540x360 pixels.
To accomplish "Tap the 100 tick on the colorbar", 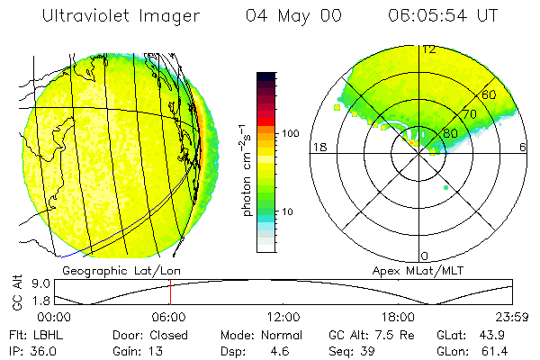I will tap(292, 133).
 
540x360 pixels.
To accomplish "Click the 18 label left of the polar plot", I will tap(318, 148).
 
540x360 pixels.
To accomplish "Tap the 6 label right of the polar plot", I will tap(523, 148).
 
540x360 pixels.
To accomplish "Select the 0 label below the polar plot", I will tap(425, 256).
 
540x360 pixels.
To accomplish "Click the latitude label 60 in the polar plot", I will tap(490, 94).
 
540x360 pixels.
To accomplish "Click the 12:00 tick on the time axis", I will tap(283, 317).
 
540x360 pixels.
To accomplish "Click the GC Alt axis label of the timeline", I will tap(16, 291).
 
